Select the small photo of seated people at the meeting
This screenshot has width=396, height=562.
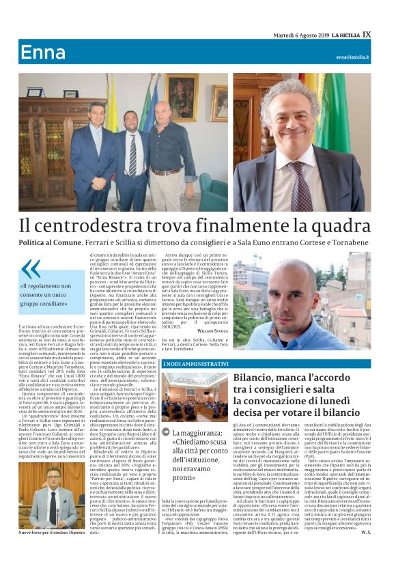coord(194,396)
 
